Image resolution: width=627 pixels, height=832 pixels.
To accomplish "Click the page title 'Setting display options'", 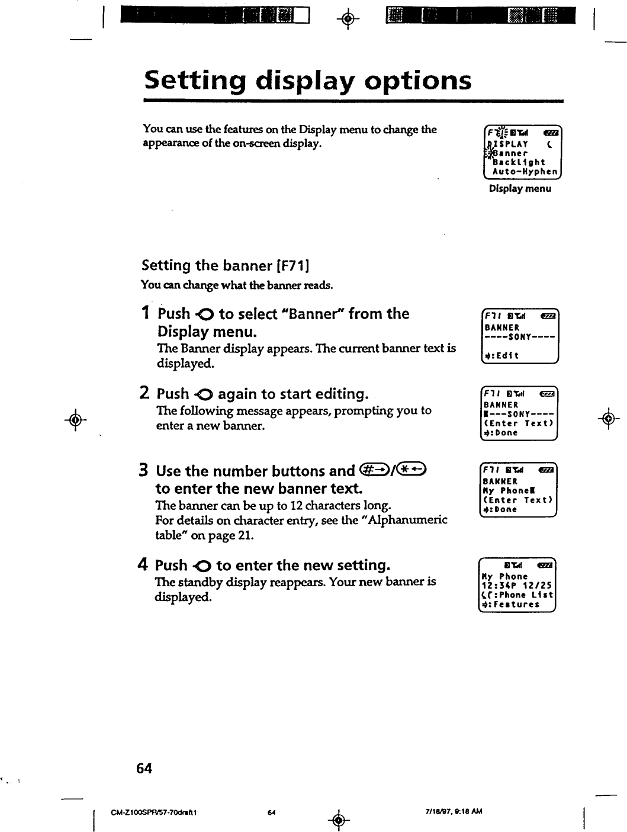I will (x=308, y=81).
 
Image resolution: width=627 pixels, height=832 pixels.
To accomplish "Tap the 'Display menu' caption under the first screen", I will (x=519, y=189).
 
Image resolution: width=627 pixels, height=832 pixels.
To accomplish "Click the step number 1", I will (x=146, y=313).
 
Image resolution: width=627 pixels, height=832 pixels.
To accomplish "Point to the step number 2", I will (x=144, y=393).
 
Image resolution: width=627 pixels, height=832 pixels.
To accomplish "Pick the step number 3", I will (x=143, y=471).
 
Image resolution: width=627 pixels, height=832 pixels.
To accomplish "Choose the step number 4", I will (x=143, y=565).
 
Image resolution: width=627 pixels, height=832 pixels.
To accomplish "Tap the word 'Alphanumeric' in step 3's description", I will (x=410, y=521).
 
